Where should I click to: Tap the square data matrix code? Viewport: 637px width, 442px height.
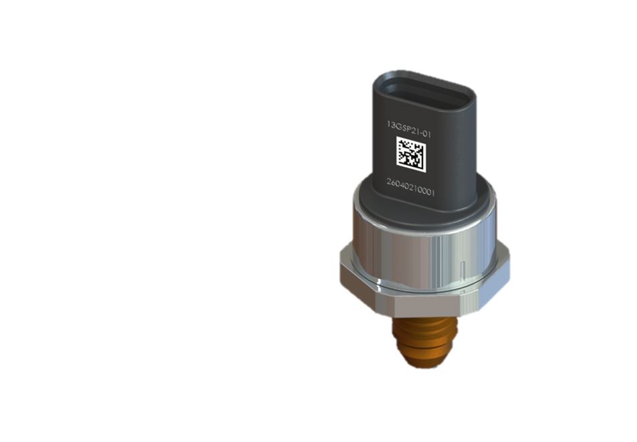click(411, 154)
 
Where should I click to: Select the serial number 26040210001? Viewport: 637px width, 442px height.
click(410, 188)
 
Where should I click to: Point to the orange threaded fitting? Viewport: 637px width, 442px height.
click(425, 341)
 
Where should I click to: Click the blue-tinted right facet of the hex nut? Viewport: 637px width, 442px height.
click(494, 284)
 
